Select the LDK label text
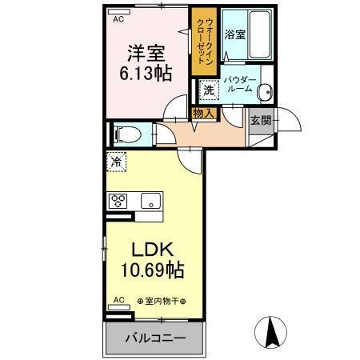click(154, 247)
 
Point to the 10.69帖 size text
click(154, 270)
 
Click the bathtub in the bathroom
click(261, 33)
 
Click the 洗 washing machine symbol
click(208, 91)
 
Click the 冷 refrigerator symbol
click(116, 162)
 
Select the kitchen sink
click(151, 200)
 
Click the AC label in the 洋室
click(118, 18)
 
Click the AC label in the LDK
click(118, 301)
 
